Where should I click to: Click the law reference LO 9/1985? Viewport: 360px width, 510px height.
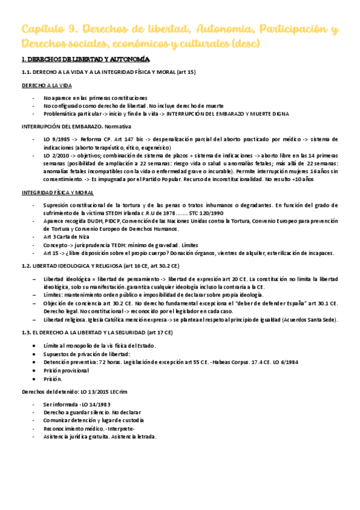[58, 139]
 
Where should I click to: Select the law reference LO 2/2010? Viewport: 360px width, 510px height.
[58, 155]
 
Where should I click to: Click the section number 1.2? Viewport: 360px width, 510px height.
[27, 265]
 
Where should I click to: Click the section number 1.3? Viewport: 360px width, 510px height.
[27, 332]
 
